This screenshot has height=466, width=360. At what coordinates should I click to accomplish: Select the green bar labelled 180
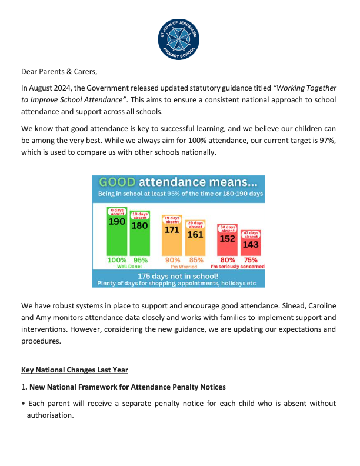[139, 238]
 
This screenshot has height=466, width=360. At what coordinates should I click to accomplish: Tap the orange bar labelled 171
[172, 241]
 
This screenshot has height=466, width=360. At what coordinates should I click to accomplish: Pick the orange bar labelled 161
[195, 245]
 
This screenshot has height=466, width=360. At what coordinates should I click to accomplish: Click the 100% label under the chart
[118, 259]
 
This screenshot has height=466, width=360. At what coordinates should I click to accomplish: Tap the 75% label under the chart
[251, 259]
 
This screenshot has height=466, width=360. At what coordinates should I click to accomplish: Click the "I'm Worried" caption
[183, 266]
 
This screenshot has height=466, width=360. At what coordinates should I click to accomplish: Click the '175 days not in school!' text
[178, 275]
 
